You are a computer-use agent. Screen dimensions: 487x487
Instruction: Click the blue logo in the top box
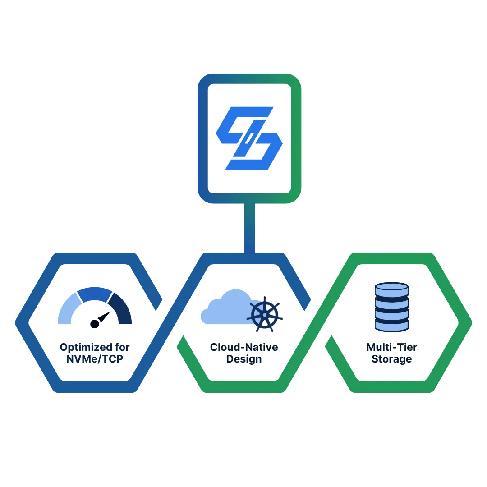tap(249, 138)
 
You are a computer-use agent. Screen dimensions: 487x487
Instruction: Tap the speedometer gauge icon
tap(95, 308)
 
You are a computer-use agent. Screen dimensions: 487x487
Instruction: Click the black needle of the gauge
tap(100, 320)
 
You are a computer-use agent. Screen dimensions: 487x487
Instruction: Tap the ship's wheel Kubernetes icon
tap(265, 315)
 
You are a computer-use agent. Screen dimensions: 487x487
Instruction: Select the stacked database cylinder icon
tap(392, 307)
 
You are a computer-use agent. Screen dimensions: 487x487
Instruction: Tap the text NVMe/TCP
tap(95, 359)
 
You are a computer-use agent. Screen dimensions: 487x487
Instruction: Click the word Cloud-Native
tap(244, 347)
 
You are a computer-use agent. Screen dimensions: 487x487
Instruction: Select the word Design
tap(244, 359)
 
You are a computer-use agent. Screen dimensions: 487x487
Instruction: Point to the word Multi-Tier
tap(392, 347)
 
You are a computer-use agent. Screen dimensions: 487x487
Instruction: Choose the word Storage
tap(392, 359)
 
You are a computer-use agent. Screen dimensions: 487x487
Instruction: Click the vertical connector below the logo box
tap(250, 228)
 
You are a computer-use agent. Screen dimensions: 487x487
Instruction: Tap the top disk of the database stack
tap(392, 289)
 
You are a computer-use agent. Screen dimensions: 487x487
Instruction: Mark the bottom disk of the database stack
tap(392, 326)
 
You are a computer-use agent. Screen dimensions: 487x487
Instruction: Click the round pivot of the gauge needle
tap(94, 324)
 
